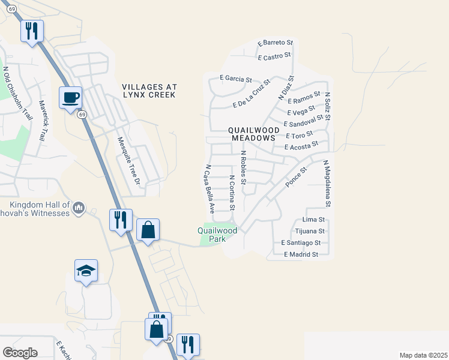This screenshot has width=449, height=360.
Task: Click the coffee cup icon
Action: (x=70, y=97)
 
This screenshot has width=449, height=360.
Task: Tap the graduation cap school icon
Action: (x=86, y=271)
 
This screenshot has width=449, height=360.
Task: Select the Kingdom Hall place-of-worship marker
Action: (x=78, y=208)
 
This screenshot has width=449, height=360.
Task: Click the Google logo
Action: (x=20, y=353)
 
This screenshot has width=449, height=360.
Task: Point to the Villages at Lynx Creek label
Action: (x=149, y=91)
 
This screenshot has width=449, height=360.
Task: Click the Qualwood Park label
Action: (x=217, y=234)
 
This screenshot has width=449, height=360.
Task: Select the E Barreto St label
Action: (x=275, y=43)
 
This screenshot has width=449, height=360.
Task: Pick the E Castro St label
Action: (x=274, y=56)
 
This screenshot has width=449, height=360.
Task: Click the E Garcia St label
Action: (x=235, y=78)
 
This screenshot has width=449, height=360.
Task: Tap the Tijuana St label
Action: (x=310, y=231)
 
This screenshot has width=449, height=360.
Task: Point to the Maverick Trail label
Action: (x=43, y=120)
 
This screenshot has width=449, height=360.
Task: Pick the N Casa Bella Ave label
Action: (x=209, y=190)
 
